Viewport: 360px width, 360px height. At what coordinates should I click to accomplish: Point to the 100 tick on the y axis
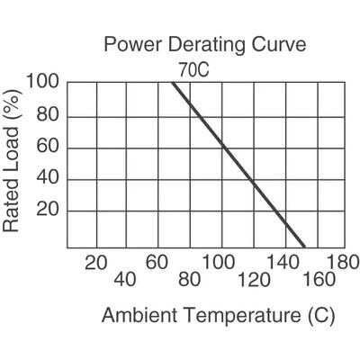(x=44, y=83)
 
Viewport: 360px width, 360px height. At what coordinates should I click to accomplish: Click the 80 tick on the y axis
(x=49, y=116)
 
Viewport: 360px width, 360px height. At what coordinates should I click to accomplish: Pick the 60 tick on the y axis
(x=49, y=148)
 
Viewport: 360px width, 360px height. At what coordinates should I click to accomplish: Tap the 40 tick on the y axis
(x=49, y=179)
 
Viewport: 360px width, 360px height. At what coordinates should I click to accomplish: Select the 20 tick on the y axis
(x=49, y=211)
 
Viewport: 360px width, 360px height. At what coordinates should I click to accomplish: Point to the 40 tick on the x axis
(x=125, y=279)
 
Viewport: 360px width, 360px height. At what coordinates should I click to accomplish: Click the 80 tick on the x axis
(x=188, y=279)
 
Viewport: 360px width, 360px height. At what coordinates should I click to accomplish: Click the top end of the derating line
(x=172, y=84)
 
